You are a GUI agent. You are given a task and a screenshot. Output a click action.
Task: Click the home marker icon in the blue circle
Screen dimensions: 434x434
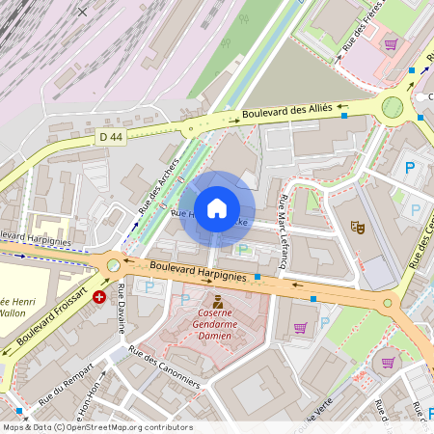[217, 208]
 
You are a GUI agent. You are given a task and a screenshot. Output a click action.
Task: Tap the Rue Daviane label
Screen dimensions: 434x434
[122, 309]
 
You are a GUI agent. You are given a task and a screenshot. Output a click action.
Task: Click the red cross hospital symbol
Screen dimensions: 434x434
[99, 298]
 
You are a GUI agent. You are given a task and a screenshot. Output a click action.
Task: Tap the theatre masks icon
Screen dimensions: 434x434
[358, 228]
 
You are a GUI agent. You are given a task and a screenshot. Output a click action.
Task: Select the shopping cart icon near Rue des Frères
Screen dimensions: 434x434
[392, 44]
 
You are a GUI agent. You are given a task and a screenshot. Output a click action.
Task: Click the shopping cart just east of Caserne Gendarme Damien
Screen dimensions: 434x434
[300, 328]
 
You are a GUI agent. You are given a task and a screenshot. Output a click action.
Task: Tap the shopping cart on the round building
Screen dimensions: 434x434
[388, 363]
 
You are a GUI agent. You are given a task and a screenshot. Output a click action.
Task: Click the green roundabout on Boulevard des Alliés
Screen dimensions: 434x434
[393, 107]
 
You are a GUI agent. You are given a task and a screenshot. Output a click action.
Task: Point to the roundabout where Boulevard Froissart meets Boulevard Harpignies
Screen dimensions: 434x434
[114, 264]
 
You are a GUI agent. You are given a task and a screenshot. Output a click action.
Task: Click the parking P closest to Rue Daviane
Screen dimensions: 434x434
[149, 286]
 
